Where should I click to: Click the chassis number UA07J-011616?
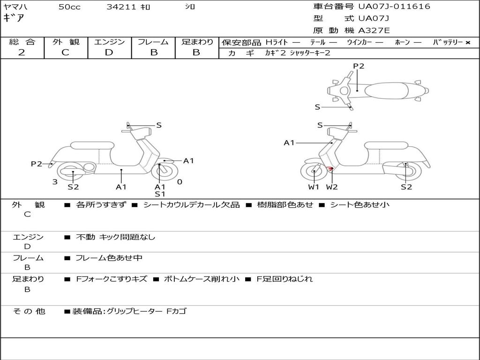point(394,7)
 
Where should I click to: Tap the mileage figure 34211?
point(121,7)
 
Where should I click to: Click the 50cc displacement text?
point(69,7)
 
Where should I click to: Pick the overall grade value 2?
point(22,52)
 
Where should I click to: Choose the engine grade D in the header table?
point(109,52)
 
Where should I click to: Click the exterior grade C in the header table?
point(65,52)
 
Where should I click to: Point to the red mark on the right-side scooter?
point(330,169)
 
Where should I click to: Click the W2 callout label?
point(332,187)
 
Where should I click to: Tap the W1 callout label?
point(314,187)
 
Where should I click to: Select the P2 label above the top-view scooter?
point(359,66)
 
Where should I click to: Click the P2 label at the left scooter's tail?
point(37,164)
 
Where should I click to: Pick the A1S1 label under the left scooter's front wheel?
point(160,190)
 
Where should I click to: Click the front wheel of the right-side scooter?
point(314,172)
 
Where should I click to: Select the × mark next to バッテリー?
point(468,43)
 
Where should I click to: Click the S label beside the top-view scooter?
point(317,107)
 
